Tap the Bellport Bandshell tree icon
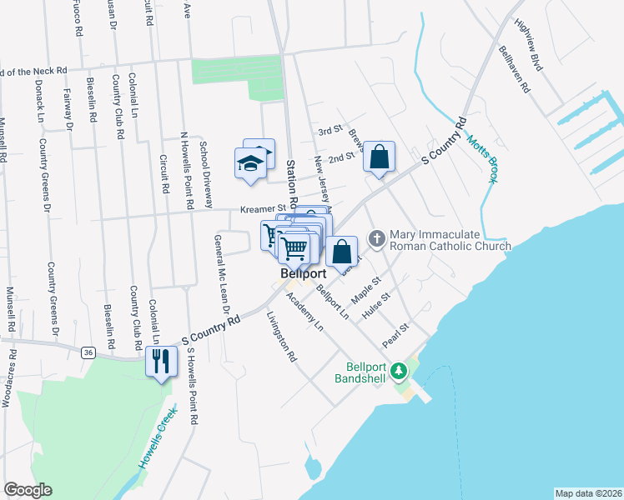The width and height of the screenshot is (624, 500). point(399,369)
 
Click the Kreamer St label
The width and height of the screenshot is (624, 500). point(263,208)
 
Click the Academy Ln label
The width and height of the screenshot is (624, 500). point(304,312)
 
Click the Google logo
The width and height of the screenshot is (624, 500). point(28,490)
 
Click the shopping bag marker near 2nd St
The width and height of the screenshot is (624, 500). point(380,157)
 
